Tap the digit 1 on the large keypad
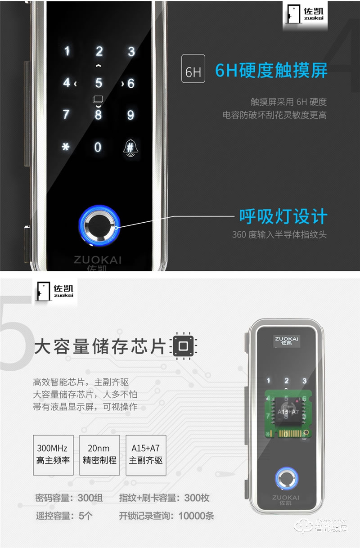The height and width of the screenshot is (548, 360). (x=67, y=51)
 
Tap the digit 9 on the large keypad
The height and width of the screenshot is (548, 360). (x=130, y=115)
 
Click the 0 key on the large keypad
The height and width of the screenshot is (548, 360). (x=98, y=147)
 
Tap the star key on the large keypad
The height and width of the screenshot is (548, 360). (x=66, y=147)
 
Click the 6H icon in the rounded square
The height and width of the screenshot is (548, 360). (x=193, y=68)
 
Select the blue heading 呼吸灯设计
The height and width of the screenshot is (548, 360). (x=283, y=216)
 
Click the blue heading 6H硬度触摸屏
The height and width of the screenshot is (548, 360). (x=271, y=71)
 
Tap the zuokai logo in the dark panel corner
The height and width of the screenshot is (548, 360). (x=305, y=15)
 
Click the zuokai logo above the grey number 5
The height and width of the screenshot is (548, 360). (x=55, y=292)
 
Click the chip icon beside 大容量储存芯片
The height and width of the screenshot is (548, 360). (x=184, y=346)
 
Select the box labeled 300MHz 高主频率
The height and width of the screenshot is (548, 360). (x=54, y=455)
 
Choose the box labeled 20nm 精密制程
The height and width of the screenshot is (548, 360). (x=99, y=455)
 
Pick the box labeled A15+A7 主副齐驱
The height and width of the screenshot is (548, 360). (x=146, y=455)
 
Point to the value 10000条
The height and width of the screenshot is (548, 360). (x=196, y=516)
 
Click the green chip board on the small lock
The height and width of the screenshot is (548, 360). (x=288, y=414)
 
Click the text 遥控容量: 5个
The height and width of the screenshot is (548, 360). (x=64, y=516)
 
